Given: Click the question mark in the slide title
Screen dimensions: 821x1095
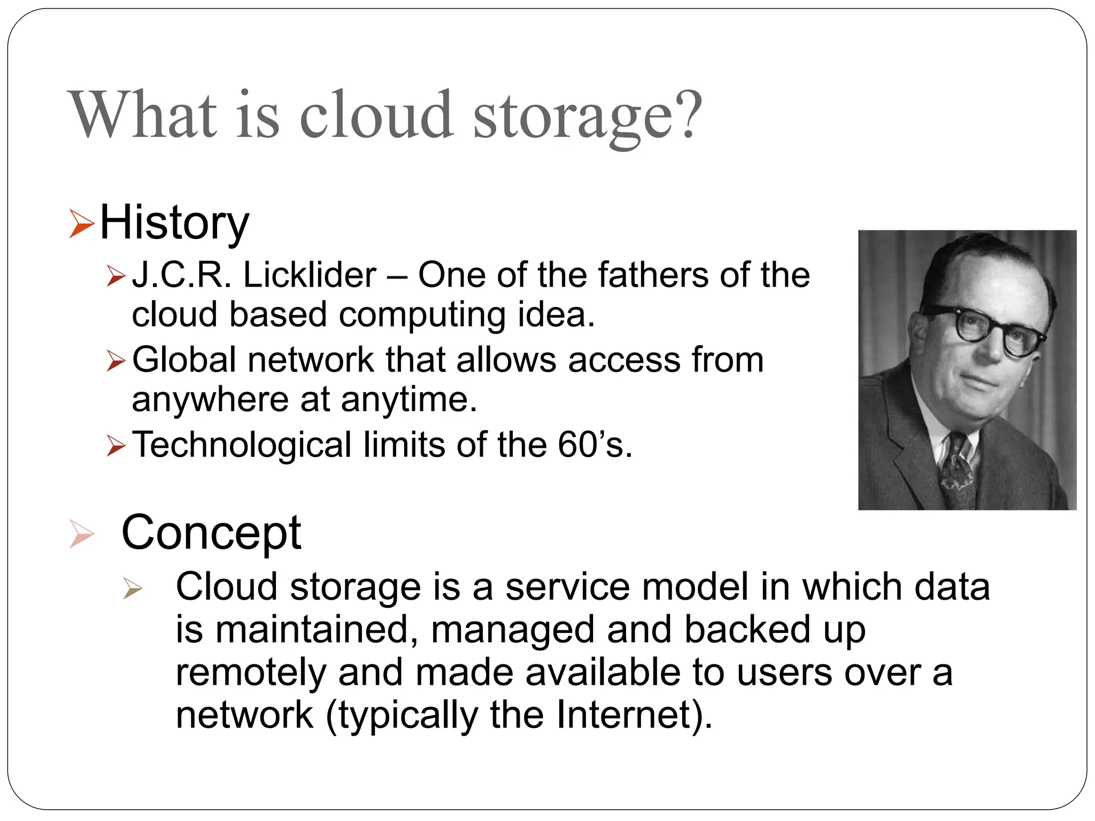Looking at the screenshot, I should [x=687, y=113].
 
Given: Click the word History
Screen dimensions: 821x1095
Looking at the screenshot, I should [x=174, y=223].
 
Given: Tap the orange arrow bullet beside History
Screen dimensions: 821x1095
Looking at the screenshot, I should [x=81, y=224].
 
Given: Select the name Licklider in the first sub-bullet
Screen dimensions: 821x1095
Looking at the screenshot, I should [x=310, y=275].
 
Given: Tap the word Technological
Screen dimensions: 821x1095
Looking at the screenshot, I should [x=241, y=445].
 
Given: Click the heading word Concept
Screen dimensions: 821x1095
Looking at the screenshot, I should [x=211, y=533].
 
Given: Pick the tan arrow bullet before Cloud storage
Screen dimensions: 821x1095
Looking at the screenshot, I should [x=132, y=588].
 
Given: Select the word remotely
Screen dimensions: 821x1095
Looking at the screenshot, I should [x=251, y=672].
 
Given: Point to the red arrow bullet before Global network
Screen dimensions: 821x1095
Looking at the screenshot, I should [x=115, y=360].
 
